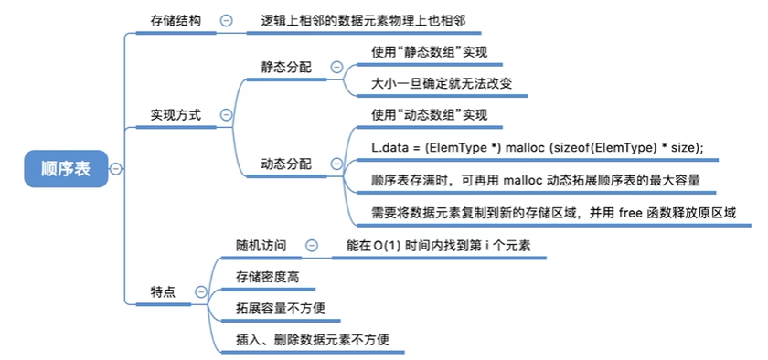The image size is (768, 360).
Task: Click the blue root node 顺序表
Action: click(x=66, y=169)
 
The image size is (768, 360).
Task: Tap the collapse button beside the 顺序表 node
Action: click(x=116, y=169)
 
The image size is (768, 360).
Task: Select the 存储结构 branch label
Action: click(x=176, y=21)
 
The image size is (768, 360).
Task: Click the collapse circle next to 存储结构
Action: click(x=227, y=21)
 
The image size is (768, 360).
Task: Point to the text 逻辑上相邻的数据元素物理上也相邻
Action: click(x=364, y=21)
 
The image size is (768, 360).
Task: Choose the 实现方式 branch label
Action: click(x=176, y=115)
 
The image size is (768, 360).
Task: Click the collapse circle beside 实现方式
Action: click(x=227, y=115)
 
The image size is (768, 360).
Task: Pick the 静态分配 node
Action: click(x=286, y=67)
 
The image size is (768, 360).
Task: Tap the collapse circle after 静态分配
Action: click(x=336, y=67)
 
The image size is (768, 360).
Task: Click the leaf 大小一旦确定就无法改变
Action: click(x=442, y=84)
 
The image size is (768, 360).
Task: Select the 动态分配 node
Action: click(x=286, y=164)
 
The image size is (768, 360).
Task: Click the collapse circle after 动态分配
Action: click(x=336, y=164)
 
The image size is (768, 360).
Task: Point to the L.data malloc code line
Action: click(x=538, y=148)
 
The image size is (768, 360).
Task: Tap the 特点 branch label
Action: click(x=163, y=292)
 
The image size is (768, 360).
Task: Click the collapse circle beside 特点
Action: click(x=201, y=292)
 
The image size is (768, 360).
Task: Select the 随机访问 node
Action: click(x=261, y=246)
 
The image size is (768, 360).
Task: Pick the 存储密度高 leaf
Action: click(x=267, y=277)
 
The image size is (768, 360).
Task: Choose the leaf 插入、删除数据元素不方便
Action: click(x=313, y=339)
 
